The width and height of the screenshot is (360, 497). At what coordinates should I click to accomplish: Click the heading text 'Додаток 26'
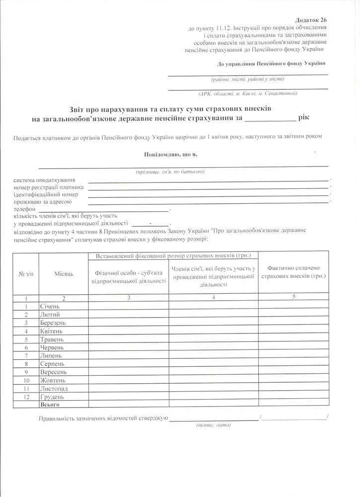(311, 19)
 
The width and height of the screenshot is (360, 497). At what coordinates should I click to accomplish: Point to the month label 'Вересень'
(52, 372)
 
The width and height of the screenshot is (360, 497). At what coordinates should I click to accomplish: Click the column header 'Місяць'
(63, 274)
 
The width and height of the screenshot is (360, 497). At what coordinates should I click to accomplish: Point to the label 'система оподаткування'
(45, 179)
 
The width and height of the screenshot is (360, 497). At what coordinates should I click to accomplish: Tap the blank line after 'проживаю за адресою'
(209, 202)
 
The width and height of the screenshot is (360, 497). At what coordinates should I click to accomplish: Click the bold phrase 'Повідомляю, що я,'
(170, 155)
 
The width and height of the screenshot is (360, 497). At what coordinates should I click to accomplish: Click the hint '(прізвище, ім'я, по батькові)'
(170, 171)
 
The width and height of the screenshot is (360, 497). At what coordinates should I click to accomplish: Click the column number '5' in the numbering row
(293, 297)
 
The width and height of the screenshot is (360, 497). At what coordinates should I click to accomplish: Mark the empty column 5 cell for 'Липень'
(293, 355)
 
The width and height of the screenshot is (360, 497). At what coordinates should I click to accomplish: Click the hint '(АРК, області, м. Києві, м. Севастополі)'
(247, 93)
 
